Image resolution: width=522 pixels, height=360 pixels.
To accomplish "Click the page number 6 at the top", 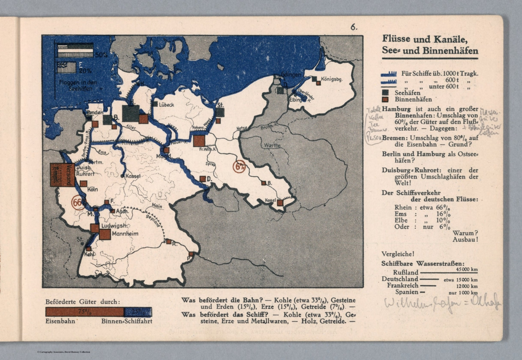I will click(354, 28).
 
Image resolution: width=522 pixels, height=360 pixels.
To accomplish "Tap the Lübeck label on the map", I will click(167, 105).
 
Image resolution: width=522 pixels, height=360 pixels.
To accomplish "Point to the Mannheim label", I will click(125, 234).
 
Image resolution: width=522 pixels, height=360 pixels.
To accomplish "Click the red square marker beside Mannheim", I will click(105, 234).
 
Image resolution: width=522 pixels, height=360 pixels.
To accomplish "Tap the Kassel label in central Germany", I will click(133, 176).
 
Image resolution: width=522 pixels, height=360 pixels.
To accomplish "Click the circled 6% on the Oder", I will click(240, 166).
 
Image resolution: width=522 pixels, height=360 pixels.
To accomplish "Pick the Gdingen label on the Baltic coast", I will click(291, 74).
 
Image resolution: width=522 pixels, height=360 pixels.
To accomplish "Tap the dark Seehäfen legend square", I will click(385, 92).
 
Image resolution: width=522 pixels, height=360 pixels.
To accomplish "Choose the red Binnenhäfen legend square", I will click(385, 100).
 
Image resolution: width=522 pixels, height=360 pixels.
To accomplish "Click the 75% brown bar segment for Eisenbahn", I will click(84, 312).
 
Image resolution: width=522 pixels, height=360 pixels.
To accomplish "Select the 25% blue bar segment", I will click(138, 312).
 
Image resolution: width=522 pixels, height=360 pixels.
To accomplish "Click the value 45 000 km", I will click(467, 269).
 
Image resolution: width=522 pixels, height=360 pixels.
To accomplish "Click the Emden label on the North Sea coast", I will click(95, 112).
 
